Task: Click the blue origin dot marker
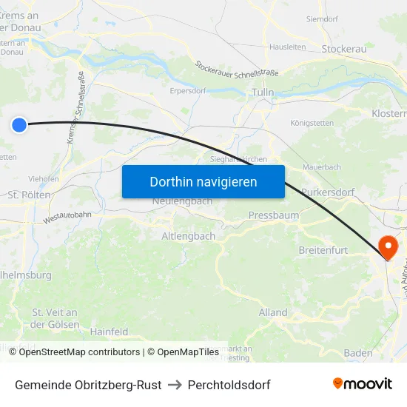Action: [19, 125]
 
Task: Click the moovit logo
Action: [363, 383]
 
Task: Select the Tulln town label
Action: [263, 92]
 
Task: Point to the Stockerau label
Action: [344, 49]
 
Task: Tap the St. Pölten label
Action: [29, 195]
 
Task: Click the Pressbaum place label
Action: [274, 216]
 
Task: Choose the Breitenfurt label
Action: [323, 250]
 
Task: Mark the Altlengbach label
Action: [189, 236]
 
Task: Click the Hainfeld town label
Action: [110, 332]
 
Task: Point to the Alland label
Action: [273, 312]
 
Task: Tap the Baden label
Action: [358, 353]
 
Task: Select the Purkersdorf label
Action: [329, 192]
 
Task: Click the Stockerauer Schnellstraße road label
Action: [237, 73]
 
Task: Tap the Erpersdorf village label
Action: [188, 91]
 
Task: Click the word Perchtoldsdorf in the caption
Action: [229, 385]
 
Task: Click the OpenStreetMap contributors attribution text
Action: [79, 352]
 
